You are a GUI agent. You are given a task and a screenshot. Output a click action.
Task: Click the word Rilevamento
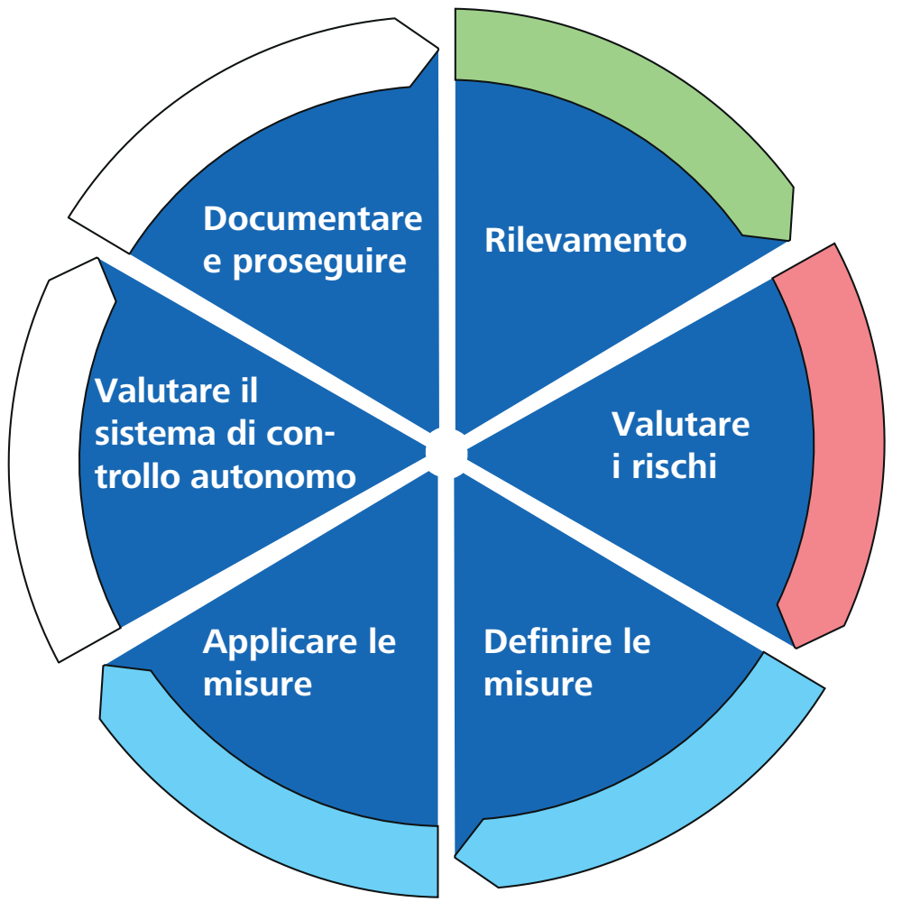pos(585,240)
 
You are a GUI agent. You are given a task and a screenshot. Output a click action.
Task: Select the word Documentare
pos(313,218)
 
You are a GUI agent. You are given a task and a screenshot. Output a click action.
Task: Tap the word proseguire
pos(320,262)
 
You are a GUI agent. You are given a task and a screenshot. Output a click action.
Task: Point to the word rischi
pos(674,466)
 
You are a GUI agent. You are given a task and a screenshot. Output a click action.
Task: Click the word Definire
pos(548,642)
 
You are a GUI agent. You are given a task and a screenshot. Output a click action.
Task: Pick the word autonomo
pos(273,477)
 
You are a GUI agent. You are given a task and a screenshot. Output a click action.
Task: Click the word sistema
pos(155,434)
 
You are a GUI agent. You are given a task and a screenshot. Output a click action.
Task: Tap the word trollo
pos(137,476)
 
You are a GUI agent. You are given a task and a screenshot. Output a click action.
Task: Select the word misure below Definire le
pos(538,685)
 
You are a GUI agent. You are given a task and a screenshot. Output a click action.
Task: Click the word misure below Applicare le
pos(257,685)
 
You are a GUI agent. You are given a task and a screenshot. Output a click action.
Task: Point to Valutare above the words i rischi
pos(680,425)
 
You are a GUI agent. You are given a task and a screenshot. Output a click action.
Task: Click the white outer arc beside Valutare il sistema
pos(46,460)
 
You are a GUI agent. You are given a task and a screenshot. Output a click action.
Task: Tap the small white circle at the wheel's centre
pos(446,454)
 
